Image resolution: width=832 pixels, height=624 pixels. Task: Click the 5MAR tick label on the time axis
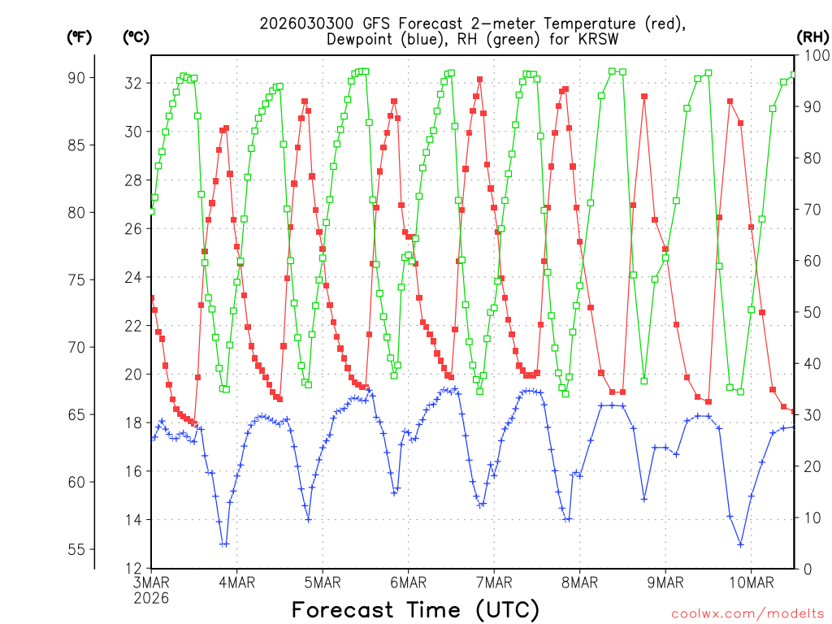coord(323,583)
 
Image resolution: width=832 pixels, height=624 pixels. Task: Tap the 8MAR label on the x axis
coord(579,583)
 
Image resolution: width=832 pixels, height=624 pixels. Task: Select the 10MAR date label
coord(751,583)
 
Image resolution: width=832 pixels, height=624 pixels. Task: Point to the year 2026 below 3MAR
coord(151,598)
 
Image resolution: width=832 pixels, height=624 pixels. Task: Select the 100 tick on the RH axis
coord(815,55)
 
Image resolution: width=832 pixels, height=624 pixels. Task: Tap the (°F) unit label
coord(80,37)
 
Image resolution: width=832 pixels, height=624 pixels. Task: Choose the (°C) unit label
coord(136,37)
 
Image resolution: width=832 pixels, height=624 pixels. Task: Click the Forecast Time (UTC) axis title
coord(415,609)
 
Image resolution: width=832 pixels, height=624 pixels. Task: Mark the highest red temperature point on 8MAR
coord(644,96)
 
